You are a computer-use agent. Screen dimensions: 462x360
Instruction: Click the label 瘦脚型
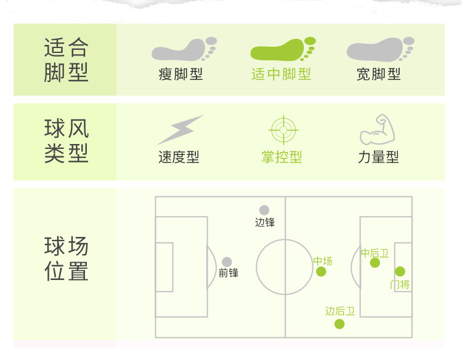tap(180, 74)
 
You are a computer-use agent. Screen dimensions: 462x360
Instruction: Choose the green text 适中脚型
tap(281, 74)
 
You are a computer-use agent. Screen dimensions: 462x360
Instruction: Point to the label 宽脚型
tap(378, 74)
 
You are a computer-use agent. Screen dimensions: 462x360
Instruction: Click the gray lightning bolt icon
tap(179, 130)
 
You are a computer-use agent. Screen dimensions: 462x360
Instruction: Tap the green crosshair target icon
tap(283, 130)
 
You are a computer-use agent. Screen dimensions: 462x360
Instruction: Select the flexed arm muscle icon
tap(376, 129)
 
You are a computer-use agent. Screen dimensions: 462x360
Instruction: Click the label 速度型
tap(179, 158)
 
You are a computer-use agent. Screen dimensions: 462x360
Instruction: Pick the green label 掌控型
tap(282, 158)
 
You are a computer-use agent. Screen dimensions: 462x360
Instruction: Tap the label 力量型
tap(378, 158)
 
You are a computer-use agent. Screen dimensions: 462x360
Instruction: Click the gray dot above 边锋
tap(264, 210)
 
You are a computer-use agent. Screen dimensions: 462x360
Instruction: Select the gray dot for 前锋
tap(227, 262)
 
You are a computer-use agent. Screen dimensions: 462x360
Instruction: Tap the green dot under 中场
tap(321, 272)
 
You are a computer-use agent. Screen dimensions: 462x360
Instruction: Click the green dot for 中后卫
tap(375, 263)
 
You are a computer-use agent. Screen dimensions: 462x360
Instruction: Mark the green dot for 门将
tap(400, 271)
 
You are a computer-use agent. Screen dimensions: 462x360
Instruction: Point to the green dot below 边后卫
tap(339, 324)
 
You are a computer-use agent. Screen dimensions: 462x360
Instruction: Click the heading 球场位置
tap(66, 259)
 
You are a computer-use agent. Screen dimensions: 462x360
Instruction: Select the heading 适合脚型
tap(66, 60)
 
